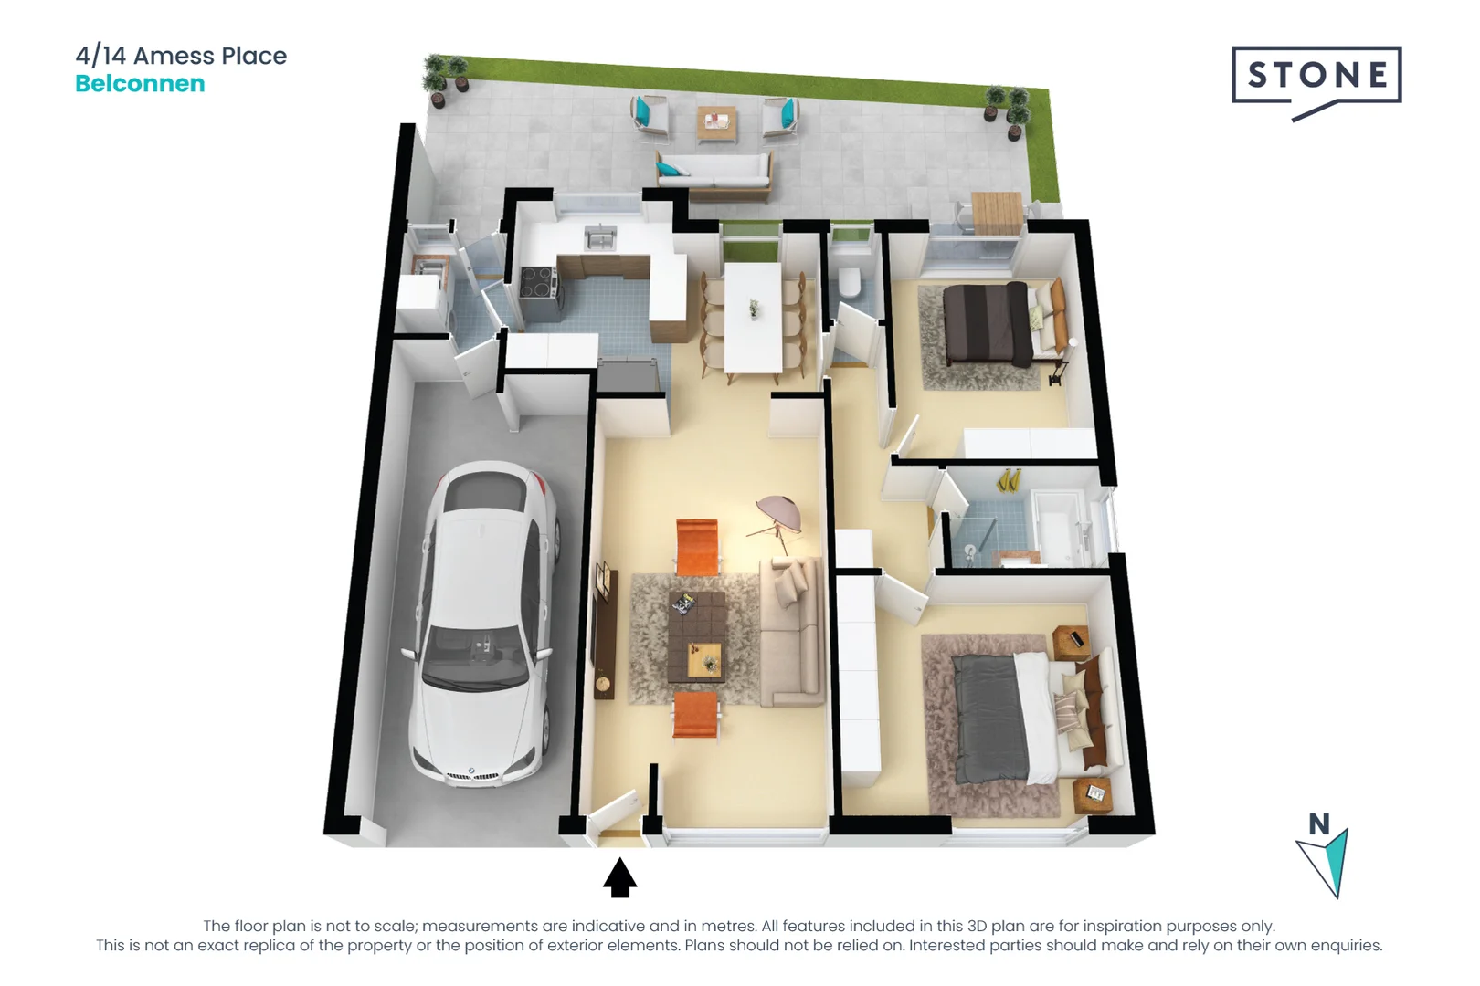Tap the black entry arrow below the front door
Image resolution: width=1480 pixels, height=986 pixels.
619,878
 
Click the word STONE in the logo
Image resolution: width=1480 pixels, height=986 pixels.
1316,75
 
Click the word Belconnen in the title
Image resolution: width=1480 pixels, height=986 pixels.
140,84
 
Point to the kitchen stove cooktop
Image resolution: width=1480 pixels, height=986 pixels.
537,282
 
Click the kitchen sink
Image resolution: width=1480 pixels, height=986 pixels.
600,237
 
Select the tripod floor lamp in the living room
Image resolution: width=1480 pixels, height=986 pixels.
777,520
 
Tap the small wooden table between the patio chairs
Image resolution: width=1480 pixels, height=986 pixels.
716,122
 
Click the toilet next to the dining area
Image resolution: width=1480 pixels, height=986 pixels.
850,283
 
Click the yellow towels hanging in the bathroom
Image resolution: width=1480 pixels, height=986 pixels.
1009,479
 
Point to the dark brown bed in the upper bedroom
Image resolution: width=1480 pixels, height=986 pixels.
991,324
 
